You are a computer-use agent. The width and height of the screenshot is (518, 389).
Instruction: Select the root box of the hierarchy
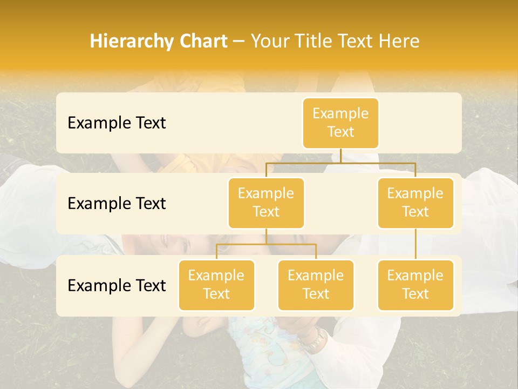(340, 123)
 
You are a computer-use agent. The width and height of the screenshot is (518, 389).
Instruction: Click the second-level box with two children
(266, 203)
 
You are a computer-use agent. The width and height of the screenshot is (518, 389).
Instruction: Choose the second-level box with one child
(415, 203)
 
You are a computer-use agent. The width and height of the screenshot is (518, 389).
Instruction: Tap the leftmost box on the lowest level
(216, 285)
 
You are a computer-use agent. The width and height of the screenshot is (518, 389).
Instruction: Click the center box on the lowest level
(316, 285)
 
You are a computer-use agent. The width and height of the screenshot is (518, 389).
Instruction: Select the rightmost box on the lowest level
(415, 285)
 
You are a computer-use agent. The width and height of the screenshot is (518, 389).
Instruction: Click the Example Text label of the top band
(117, 123)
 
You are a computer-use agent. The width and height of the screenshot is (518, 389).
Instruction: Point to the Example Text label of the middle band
(117, 204)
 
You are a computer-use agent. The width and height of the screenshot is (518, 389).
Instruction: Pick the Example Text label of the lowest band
(117, 285)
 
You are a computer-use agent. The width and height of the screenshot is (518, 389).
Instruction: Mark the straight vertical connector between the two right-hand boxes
(415, 244)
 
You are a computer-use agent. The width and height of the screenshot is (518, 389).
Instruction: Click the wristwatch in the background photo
(313, 340)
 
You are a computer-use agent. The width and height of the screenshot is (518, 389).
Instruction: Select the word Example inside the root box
(340, 113)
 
